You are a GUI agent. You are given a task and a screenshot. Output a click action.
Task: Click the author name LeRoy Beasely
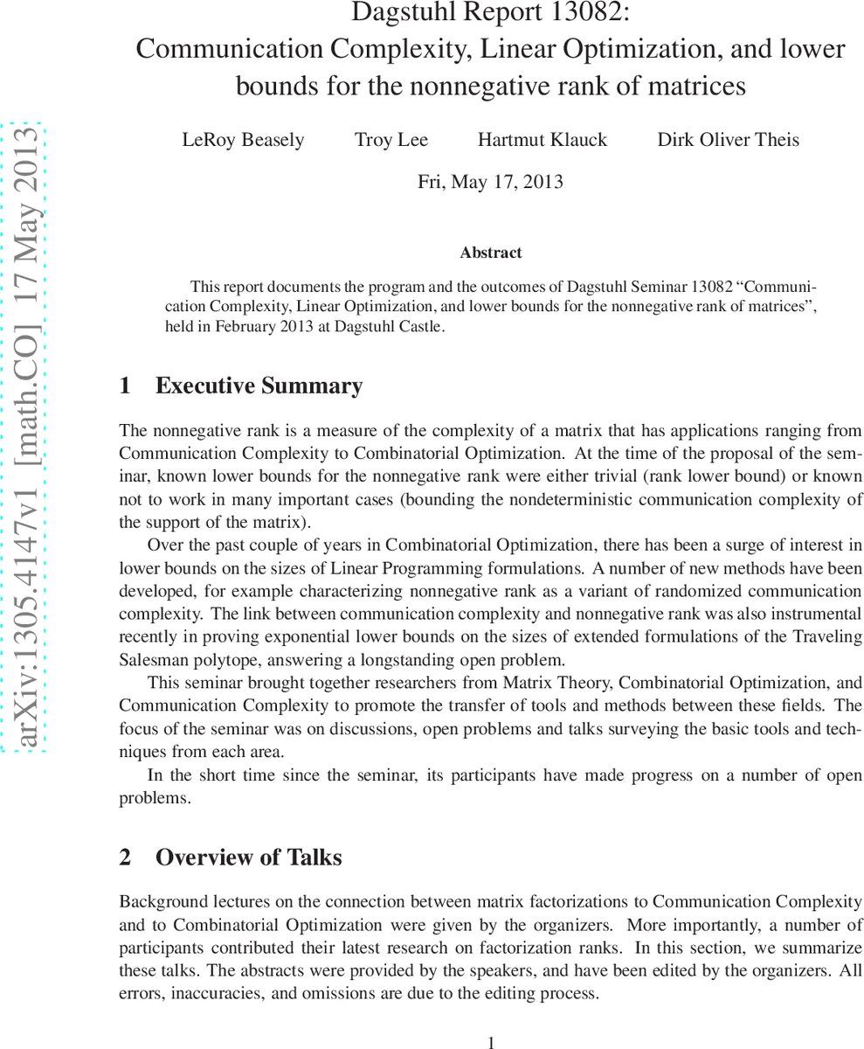(243, 140)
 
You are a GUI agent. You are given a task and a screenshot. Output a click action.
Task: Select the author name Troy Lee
(391, 140)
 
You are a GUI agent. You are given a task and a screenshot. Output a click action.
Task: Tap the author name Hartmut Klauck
(542, 140)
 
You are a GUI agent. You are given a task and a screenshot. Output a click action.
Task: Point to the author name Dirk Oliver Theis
(728, 140)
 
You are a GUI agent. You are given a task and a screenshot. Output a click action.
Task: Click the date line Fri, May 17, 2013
(490, 182)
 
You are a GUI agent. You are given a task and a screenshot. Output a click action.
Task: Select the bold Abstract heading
(490, 253)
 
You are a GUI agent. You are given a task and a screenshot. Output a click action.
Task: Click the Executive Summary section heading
(259, 386)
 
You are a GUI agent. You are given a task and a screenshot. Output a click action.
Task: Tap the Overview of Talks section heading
(248, 858)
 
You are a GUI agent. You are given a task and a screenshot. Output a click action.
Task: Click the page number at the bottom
(491, 1041)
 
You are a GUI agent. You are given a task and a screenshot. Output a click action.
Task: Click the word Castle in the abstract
(420, 328)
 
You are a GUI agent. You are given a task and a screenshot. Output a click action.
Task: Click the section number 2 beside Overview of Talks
(125, 858)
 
